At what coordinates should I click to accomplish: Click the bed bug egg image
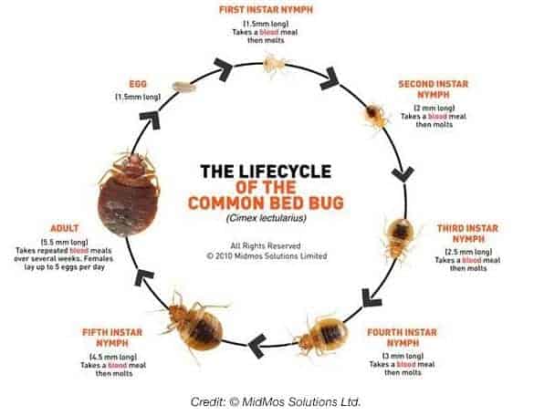(184, 87)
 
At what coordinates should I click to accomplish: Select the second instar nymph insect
(376, 116)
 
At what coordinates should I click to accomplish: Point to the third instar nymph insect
(400, 239)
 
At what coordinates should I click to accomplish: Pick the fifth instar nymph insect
(194, 324)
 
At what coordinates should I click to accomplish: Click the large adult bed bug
(129, 193)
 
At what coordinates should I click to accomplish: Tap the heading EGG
(138, 84)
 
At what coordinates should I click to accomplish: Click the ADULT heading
(65, 228)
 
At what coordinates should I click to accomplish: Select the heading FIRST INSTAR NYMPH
(266, 9)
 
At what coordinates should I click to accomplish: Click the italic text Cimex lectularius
(267, 217)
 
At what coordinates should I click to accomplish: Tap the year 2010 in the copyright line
(224, 256)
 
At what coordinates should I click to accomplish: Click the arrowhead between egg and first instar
(224, 68)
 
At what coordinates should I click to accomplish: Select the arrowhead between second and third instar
(403, 174)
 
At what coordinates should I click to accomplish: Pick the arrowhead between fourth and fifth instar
(257, 346)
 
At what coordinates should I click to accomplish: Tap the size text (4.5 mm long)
(113, 357)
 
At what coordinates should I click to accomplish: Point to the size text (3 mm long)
(403, 356)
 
